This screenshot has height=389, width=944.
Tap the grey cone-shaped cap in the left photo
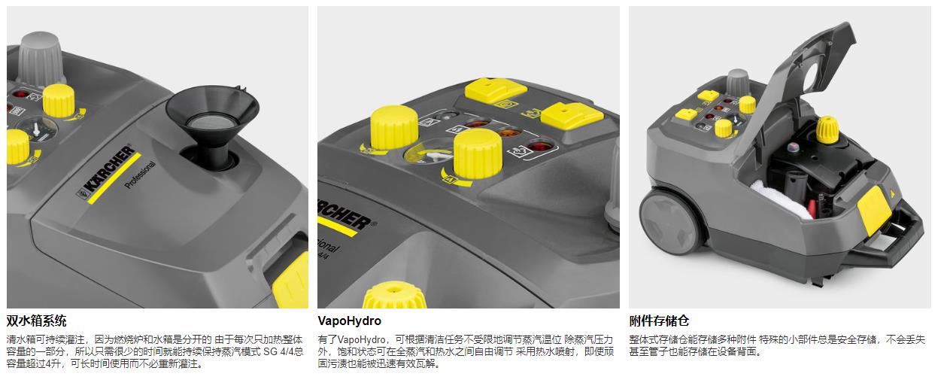point(40,59)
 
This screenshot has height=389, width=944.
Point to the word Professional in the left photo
point(141,175)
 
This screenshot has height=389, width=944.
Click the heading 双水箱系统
point(37,321)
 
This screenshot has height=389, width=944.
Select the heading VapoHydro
point(349,321)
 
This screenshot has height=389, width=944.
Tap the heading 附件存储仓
point(659,321)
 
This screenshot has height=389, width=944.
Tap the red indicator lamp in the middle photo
point(536,147)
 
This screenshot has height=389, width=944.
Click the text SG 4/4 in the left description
point(278,351)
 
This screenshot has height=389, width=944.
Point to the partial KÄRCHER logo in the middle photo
point(344,215)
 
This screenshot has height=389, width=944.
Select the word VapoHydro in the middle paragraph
point(361,339)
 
